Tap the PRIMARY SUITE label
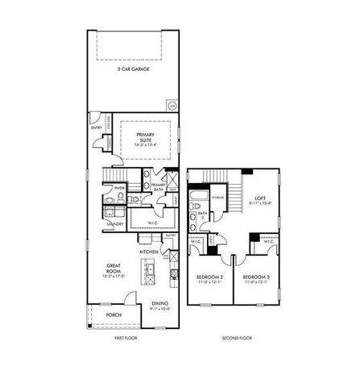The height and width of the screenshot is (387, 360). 146,136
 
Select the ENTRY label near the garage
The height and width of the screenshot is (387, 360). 97,127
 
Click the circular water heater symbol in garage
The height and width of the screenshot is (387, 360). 172,106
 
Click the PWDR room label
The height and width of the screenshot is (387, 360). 118,189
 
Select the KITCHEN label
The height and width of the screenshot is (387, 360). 150,252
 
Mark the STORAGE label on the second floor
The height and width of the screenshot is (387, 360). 217,196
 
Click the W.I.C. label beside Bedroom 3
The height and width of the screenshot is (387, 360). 267,240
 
